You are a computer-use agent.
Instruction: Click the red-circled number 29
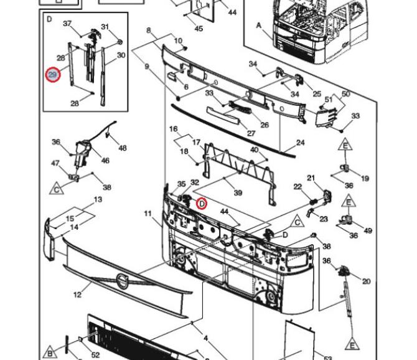[53, 75]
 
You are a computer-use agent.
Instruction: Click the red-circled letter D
[202, 204]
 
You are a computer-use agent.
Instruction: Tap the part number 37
[67, 24]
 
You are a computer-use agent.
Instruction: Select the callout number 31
[105, 27]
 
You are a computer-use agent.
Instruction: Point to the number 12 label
[77, 295]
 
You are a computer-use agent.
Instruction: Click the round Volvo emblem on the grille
[123, 281]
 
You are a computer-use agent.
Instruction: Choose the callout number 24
[300, 143]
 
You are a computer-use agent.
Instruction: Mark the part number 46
[105, 161]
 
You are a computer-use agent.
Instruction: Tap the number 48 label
[123, 148]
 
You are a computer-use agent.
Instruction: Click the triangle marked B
[50, 353]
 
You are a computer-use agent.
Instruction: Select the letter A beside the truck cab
[258, 26]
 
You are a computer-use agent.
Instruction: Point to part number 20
[366, 282]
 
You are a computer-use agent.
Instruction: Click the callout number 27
[251, 133]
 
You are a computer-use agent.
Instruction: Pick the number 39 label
[238, 192]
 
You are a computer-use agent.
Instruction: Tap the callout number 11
[148, 214]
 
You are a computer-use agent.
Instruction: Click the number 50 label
[345, 94]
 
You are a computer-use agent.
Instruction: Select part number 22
[298, 187]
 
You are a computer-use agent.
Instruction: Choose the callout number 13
[98, 199]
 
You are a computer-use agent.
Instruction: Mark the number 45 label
[199, 28]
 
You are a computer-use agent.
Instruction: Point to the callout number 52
[95, 354]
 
